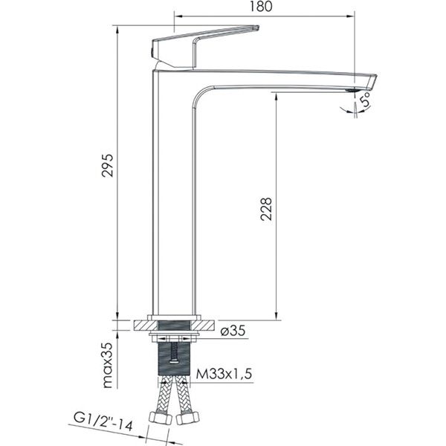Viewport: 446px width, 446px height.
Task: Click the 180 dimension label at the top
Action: pyautogui.click(x=261, y=7)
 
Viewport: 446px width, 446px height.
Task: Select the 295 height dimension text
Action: pyautogui.click(x=108, y=166)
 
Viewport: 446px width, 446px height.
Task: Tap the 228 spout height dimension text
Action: pyautogui.click(x=266, y=209)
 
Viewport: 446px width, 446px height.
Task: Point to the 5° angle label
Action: pyautogui.click(x=365, y=99)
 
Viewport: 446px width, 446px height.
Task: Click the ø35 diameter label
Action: pyautogui.click(x=233, y=331)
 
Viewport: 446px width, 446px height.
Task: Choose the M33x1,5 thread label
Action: pyautogui.click(x=224, y=374)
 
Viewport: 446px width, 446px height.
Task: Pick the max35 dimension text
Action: pyautogui.click(x=108, y=365)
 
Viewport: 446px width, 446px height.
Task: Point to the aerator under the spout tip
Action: pyautogui.click(x=350, y=90)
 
